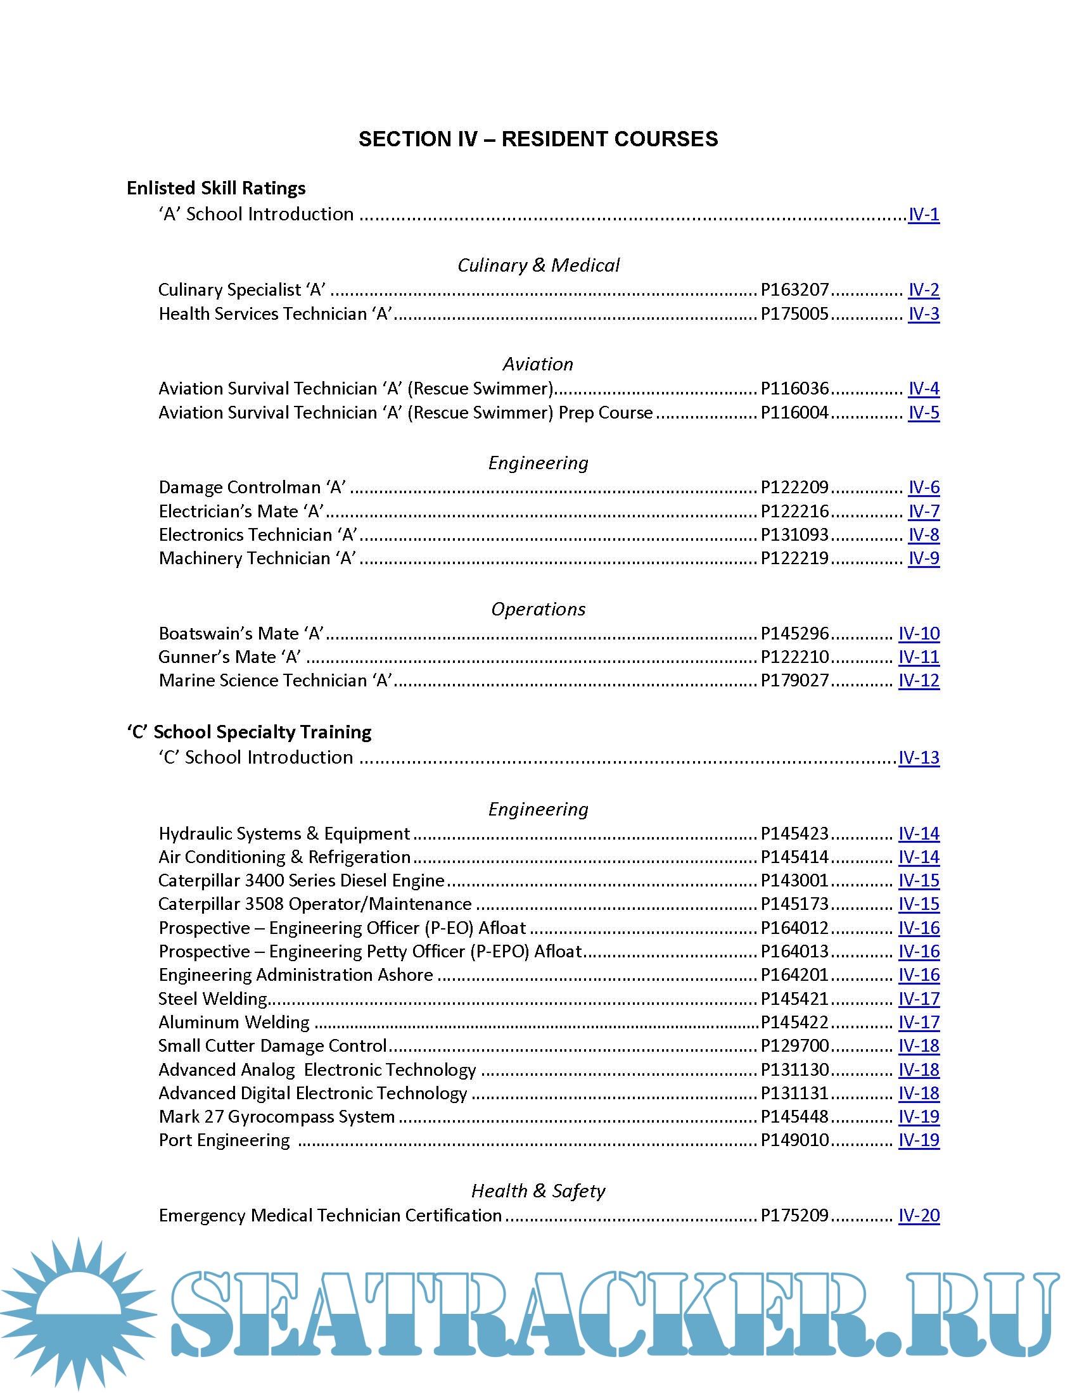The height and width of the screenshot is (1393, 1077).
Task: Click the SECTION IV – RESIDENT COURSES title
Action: tap(538, 139)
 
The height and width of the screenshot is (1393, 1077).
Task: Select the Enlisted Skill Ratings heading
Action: tap(215, 188)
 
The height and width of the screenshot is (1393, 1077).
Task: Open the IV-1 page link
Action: tap(923, 214)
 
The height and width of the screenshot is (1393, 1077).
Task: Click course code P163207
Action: tap(794, 290)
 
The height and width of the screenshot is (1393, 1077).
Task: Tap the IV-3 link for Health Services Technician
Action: tap(923, 314)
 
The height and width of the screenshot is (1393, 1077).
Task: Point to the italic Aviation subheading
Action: tap(538, 364)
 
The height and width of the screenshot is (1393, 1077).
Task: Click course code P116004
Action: tap(794, 413)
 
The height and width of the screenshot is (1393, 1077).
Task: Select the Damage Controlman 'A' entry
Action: tap(252, 488)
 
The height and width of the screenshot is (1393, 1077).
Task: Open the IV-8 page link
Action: tap(923, 534)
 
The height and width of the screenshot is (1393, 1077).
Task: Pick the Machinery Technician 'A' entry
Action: tap(257, 558)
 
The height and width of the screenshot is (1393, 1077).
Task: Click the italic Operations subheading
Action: tap(538, 609)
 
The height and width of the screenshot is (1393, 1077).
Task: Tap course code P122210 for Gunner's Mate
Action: tap(794, 657)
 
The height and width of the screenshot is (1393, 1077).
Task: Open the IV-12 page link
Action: tap(919, 681)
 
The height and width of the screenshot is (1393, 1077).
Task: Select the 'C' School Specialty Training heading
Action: tap(249, 732)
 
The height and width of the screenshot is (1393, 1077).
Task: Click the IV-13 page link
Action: tap(919, 758)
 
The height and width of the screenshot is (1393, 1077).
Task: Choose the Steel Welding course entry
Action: tap(212, 999)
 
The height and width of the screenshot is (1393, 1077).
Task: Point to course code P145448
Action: tap(794, 1117)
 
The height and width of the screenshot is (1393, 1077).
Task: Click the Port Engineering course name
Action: tap(224, 1140)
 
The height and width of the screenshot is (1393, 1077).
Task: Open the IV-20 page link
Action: tap(919, 1216)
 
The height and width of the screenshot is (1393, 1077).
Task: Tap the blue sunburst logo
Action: tap(78, 1313)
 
